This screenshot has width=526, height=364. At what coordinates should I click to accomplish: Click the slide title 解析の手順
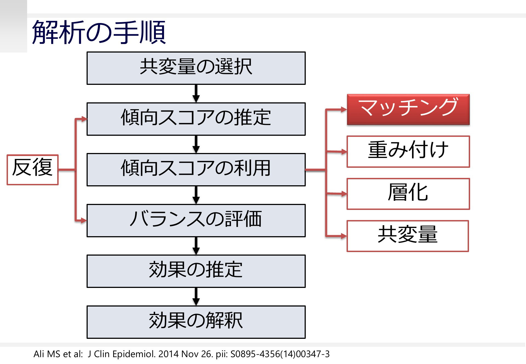click(x=99, y=32)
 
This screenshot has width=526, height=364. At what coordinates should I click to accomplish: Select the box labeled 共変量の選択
click(x=196, y=68)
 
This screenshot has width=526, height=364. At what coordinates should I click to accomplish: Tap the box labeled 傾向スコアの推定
click(x=196, y=119)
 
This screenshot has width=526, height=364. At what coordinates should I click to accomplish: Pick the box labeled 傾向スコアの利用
click(x=196, y=170)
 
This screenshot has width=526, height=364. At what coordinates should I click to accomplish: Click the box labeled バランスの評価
click(x=196, y=221)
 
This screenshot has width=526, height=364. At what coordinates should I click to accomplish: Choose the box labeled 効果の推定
click(x=196, y=271)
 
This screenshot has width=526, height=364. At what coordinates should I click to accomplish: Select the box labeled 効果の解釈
click(x=196, y=322)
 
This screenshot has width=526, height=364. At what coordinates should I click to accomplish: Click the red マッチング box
click(x=408, y=109)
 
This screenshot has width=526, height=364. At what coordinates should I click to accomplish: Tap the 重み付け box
click(x=408, y=152)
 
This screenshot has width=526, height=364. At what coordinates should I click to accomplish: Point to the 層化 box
click(x=408, y=194)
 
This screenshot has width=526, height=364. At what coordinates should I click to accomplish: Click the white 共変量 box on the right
click(x=408, y=236)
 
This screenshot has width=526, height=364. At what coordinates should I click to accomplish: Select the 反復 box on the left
click(x=33, y=170)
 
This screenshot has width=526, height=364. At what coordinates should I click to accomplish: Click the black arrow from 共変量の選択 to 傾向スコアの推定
click(x=196, y=94)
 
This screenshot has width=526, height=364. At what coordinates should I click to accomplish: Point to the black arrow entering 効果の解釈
click(x=196, y=297)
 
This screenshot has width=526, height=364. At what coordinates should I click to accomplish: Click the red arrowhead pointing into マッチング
click(x=344, y=109)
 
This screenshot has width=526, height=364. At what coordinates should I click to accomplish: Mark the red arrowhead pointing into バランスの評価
click(x=84, y=220)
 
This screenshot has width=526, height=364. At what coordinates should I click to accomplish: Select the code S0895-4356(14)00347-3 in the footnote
click(x=280, y=354)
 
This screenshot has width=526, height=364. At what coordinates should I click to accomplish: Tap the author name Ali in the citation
click(x=39, y=354)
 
